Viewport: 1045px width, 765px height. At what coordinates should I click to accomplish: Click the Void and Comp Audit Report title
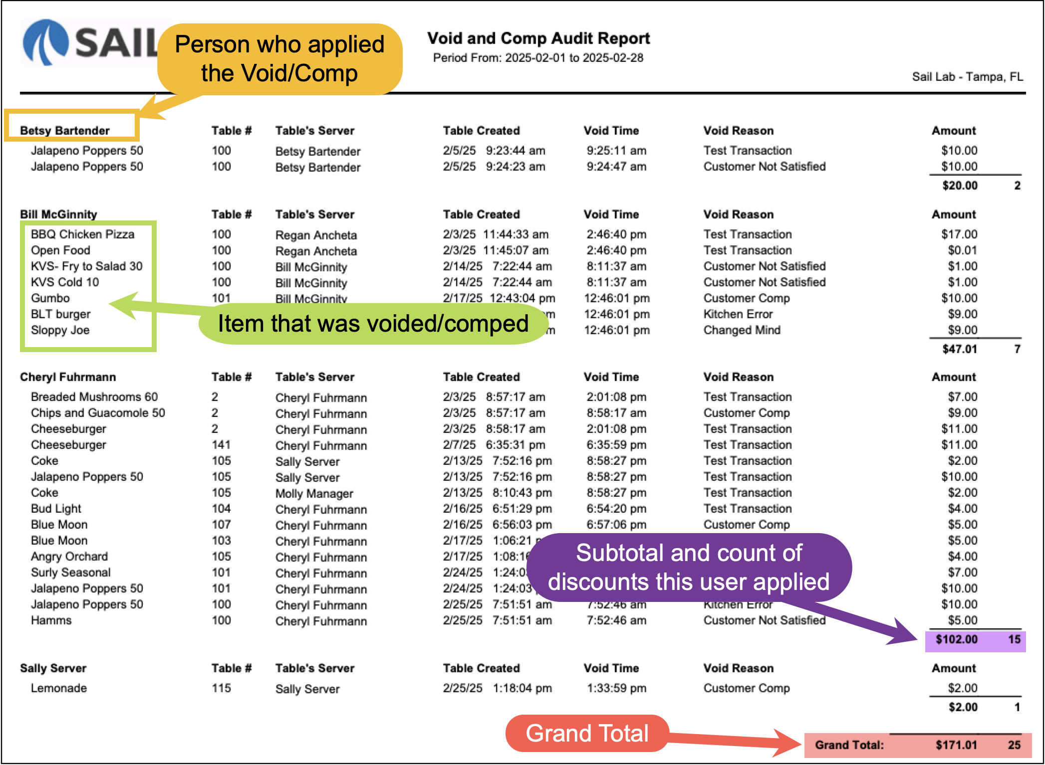click(538, 38)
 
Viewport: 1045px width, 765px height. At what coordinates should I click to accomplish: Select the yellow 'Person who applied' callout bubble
click(279, 59)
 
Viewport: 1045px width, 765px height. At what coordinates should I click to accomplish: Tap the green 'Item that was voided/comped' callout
click(373, 324)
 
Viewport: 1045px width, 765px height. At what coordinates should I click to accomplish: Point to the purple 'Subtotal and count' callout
click(689, 567)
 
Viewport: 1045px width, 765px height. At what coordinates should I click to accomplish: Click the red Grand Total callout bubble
click(587, 733)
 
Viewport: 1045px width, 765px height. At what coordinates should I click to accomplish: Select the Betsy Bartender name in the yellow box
click(65, 131)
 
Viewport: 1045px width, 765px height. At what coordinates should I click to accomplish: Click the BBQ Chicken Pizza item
click(82, 234)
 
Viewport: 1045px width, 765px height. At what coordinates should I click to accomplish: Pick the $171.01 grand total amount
click(956, 745)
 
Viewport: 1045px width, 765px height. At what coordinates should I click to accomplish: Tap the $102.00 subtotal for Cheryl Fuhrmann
click(956, 639)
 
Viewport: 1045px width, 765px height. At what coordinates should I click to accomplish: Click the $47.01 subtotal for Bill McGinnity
click(959, 349)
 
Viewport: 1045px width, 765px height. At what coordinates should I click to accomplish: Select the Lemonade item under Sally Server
click(59, 688)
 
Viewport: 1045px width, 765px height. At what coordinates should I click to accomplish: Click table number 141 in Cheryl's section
click(221, 445)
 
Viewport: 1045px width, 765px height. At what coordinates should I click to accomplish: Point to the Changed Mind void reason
click(742, 330)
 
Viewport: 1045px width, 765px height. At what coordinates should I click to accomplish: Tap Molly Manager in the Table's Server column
click(314, 494)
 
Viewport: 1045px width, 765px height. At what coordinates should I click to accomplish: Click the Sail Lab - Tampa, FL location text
click(967, 77)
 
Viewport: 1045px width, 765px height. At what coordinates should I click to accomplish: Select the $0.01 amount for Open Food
click(962, 250)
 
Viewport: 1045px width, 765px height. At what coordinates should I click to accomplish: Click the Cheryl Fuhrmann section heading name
click(68, 377)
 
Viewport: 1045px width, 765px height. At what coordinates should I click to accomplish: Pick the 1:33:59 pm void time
click(616, 688)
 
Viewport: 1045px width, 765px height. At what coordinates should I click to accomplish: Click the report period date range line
click(538, 58)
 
